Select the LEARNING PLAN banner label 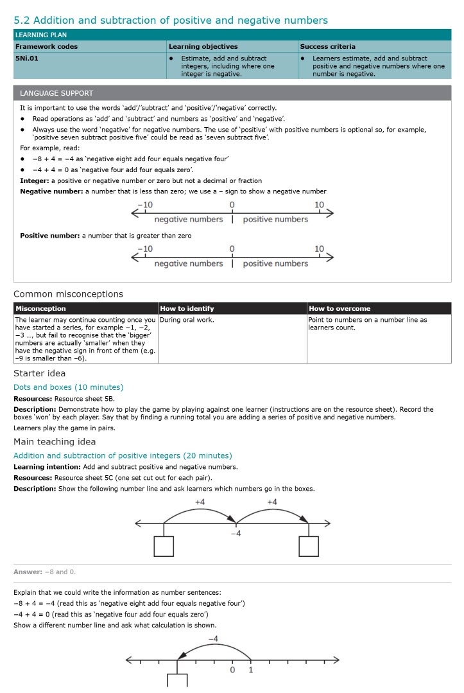[x=40, y=35]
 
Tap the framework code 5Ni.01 [x=28, y=58]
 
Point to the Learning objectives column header [x=203, y=46]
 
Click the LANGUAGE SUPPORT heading [x=56, y=93]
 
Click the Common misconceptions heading [x=68, y=294]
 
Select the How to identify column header [x=187, y=308]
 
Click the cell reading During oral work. [x=187, y=320]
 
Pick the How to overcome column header [x=339, y=308]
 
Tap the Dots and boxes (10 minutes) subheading [x=68, y=387]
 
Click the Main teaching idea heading [x=55, y=441]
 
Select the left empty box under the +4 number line [x=164, y=546]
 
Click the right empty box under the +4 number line [x=309, y=546]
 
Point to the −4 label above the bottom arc [x=214, y=638]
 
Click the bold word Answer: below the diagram [x=28, y=572]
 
